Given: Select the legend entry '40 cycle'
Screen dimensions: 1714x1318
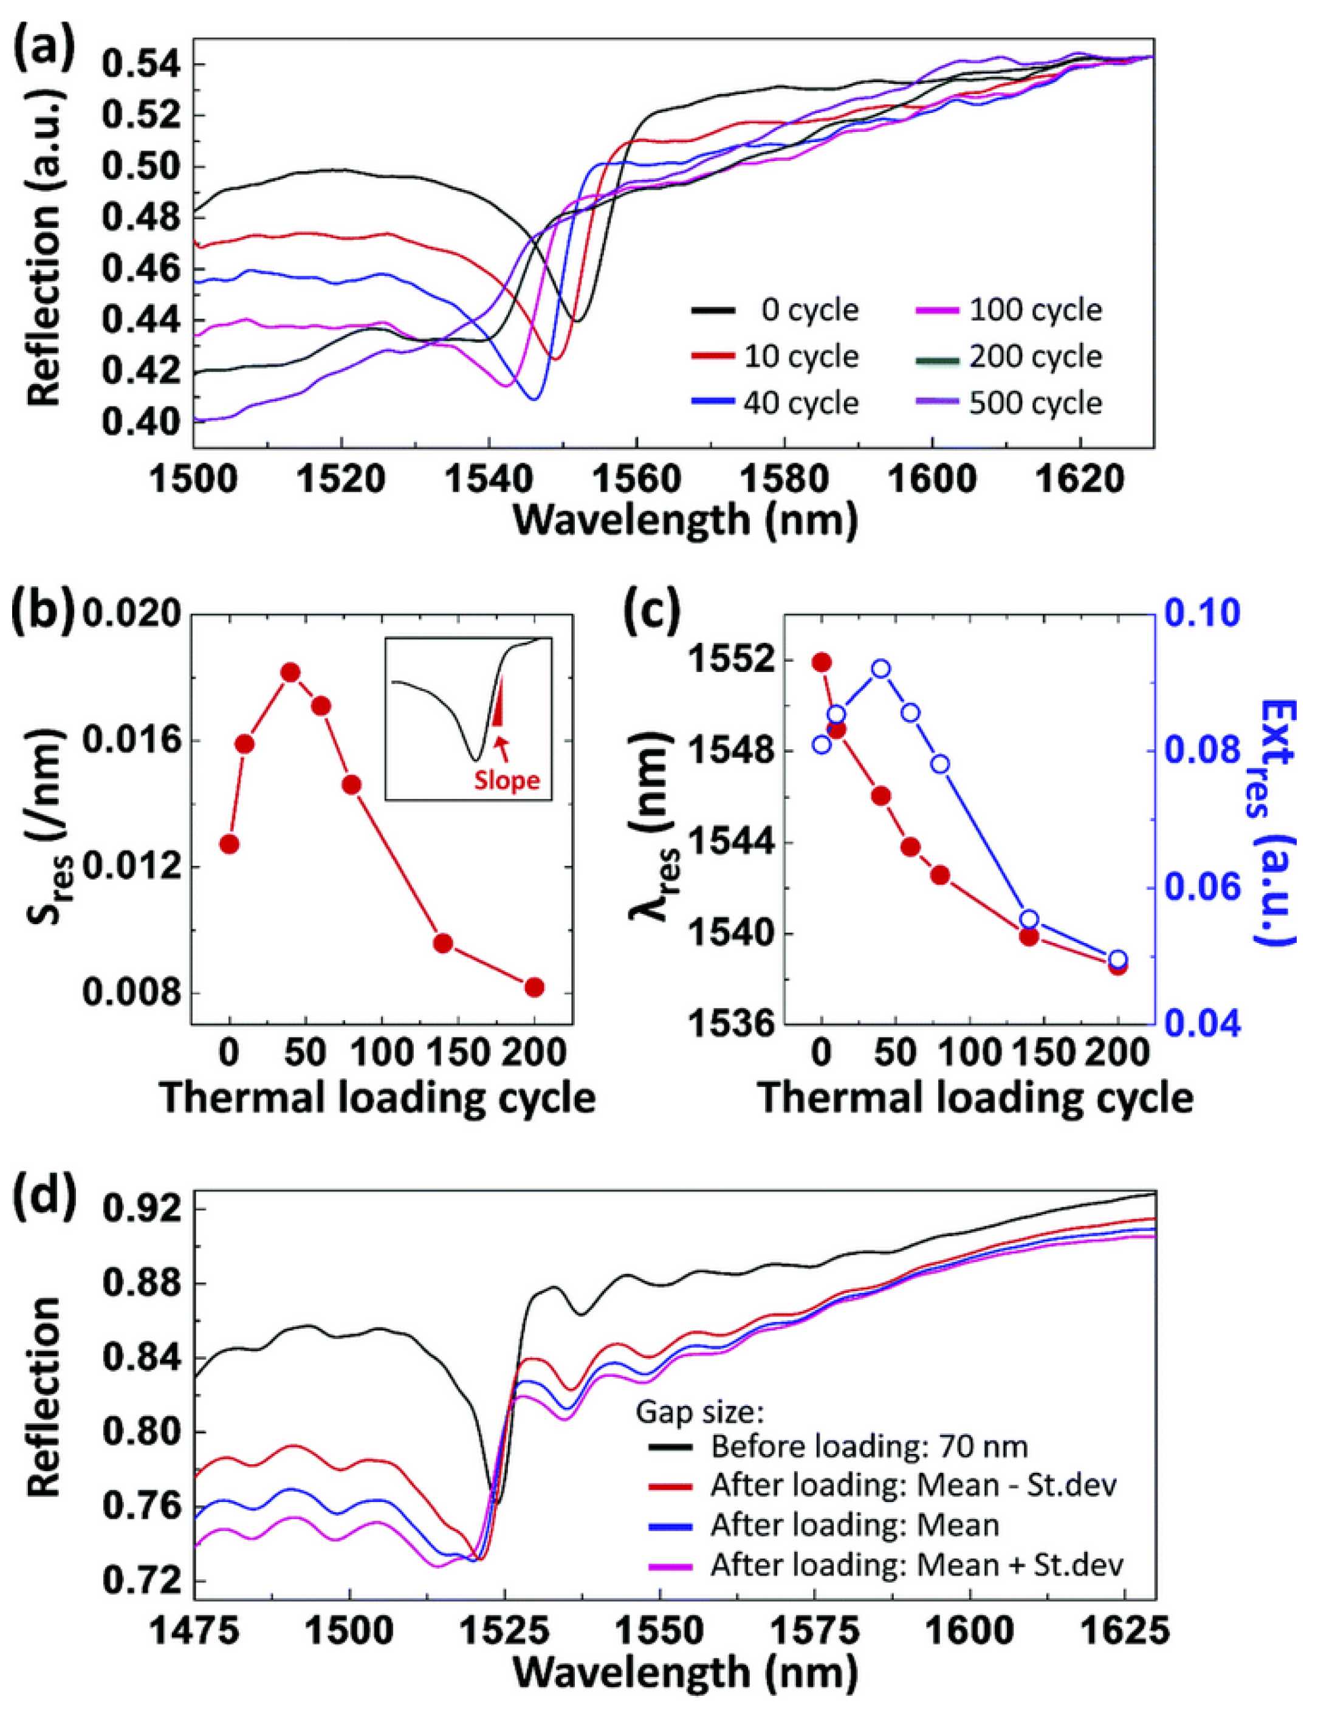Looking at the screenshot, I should [800, 402].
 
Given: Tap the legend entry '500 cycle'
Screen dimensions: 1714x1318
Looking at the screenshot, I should [1035, 402].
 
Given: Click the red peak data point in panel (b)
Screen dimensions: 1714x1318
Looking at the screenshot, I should [291, 672].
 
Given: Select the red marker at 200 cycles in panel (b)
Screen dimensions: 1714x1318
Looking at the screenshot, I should [534, 987].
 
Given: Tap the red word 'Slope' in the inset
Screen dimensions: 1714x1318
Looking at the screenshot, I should [507, 781].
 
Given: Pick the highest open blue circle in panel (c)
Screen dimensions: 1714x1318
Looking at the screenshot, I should [881, 668].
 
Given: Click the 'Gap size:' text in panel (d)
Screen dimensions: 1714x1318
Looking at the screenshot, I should [699, 1413].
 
